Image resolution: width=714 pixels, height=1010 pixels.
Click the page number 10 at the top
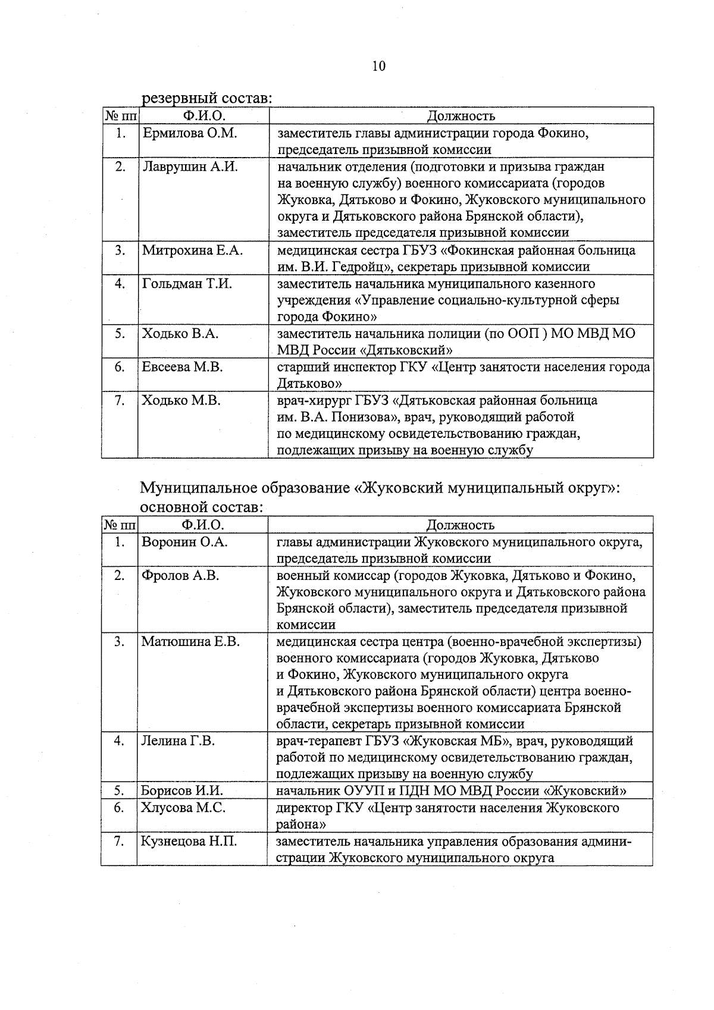[x=378, y=66]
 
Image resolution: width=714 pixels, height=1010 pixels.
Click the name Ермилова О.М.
[x=189, y=133]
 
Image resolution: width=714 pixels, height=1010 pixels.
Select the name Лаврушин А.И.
[x=190, y=167]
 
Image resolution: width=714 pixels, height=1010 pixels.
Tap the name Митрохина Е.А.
[x=192, y=250]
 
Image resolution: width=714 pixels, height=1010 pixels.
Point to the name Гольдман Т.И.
[x=187, y=284]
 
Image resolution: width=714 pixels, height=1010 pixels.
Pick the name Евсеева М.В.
[x=182, y=367]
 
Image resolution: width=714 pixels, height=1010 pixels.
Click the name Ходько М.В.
[x=181, y=400]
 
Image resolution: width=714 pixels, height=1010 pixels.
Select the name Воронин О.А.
[x=184, y=542]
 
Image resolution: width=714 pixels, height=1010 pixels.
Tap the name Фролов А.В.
[x=180, y=575]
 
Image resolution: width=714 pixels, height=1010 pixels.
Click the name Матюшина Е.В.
[x=190, y=641]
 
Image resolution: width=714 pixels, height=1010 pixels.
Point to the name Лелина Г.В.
[x=178, y=741]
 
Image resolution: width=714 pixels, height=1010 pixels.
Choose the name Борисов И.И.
[x=181, y=791]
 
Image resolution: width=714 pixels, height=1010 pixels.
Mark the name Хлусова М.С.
[x=182, y=808]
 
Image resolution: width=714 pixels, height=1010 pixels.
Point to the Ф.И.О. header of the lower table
[x=203, y=525]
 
